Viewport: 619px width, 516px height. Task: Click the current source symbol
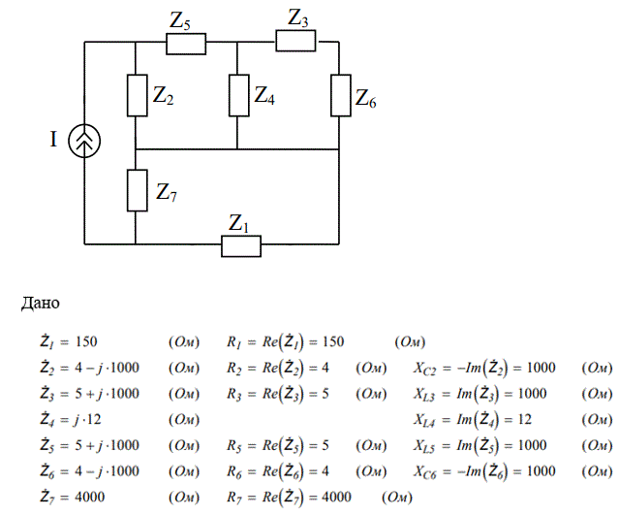coord(84,141)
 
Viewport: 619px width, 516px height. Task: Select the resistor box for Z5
coord(186,44)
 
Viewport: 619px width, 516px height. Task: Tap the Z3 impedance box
coord(295,41)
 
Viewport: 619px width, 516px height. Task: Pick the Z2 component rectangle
coord(137,95)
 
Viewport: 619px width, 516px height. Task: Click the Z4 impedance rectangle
coord(239,95)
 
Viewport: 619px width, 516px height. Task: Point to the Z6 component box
coord(341,95)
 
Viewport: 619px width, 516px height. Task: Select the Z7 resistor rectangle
coord(137,190)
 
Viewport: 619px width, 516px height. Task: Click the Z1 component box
coord(241,246)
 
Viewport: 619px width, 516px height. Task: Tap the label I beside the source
coord(53,140)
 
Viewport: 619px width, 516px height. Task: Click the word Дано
coord(41,304)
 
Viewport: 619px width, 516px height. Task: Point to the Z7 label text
coord(167,193)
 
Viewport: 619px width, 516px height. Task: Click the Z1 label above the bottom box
coord(238,224)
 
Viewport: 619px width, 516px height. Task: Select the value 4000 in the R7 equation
coord(336,497)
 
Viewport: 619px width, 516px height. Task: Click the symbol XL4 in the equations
coord(424,420)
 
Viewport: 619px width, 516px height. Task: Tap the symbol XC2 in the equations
coord(424,369)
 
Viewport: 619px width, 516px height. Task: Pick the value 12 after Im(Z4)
coord(524,419)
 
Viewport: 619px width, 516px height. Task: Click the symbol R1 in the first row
coord(233,342)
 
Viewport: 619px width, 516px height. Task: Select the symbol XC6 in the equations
coord(424,471)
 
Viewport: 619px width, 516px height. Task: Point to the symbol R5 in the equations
coord(233,446)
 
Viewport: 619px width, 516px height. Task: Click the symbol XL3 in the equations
coord(424,394)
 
